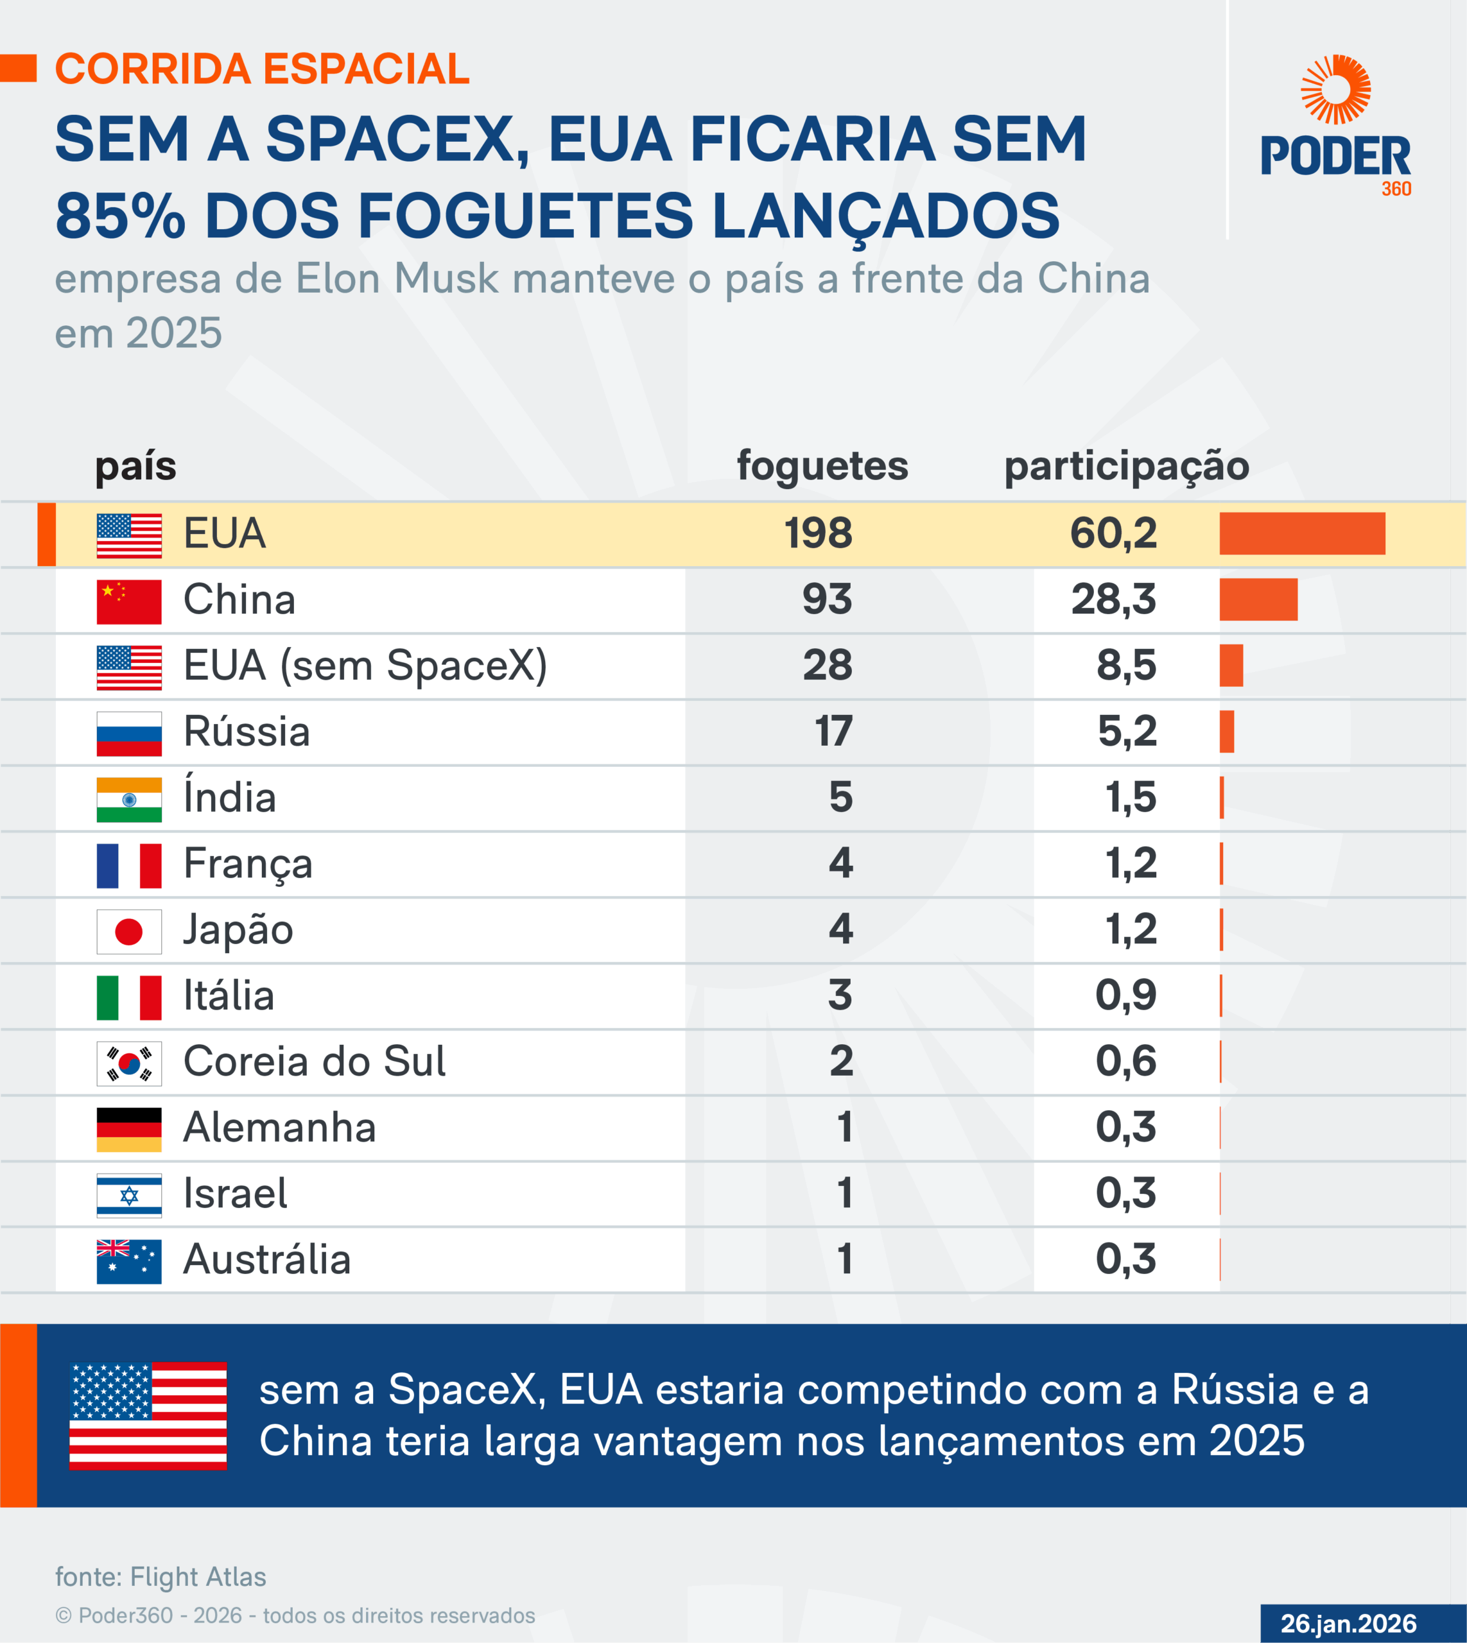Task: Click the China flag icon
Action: [x=129, y=602]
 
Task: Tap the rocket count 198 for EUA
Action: [x=818, y=533]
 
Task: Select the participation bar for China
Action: [x=1258, y=599]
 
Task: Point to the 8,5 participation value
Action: [x=1126, y=666]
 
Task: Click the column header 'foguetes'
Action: [x=822, y=466]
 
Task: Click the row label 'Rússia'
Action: [x=247, y=732]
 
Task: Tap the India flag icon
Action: [x=129, y=799]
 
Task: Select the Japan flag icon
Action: [x=129, y=931]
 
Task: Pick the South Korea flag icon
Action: [x=129, y=1063]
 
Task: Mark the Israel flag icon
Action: [x=129, y=1196]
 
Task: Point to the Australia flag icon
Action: [x=129, y=1261]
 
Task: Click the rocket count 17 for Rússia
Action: [x=833, y=732]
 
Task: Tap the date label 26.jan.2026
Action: [x=1348, y=1623]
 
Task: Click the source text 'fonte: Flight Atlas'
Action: [x=161, y=1576]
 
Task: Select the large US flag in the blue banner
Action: [x=148, y=1416]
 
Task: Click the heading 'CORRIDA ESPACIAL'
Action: [x=262, y=69]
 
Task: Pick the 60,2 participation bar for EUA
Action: [x=1302, y=533]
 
